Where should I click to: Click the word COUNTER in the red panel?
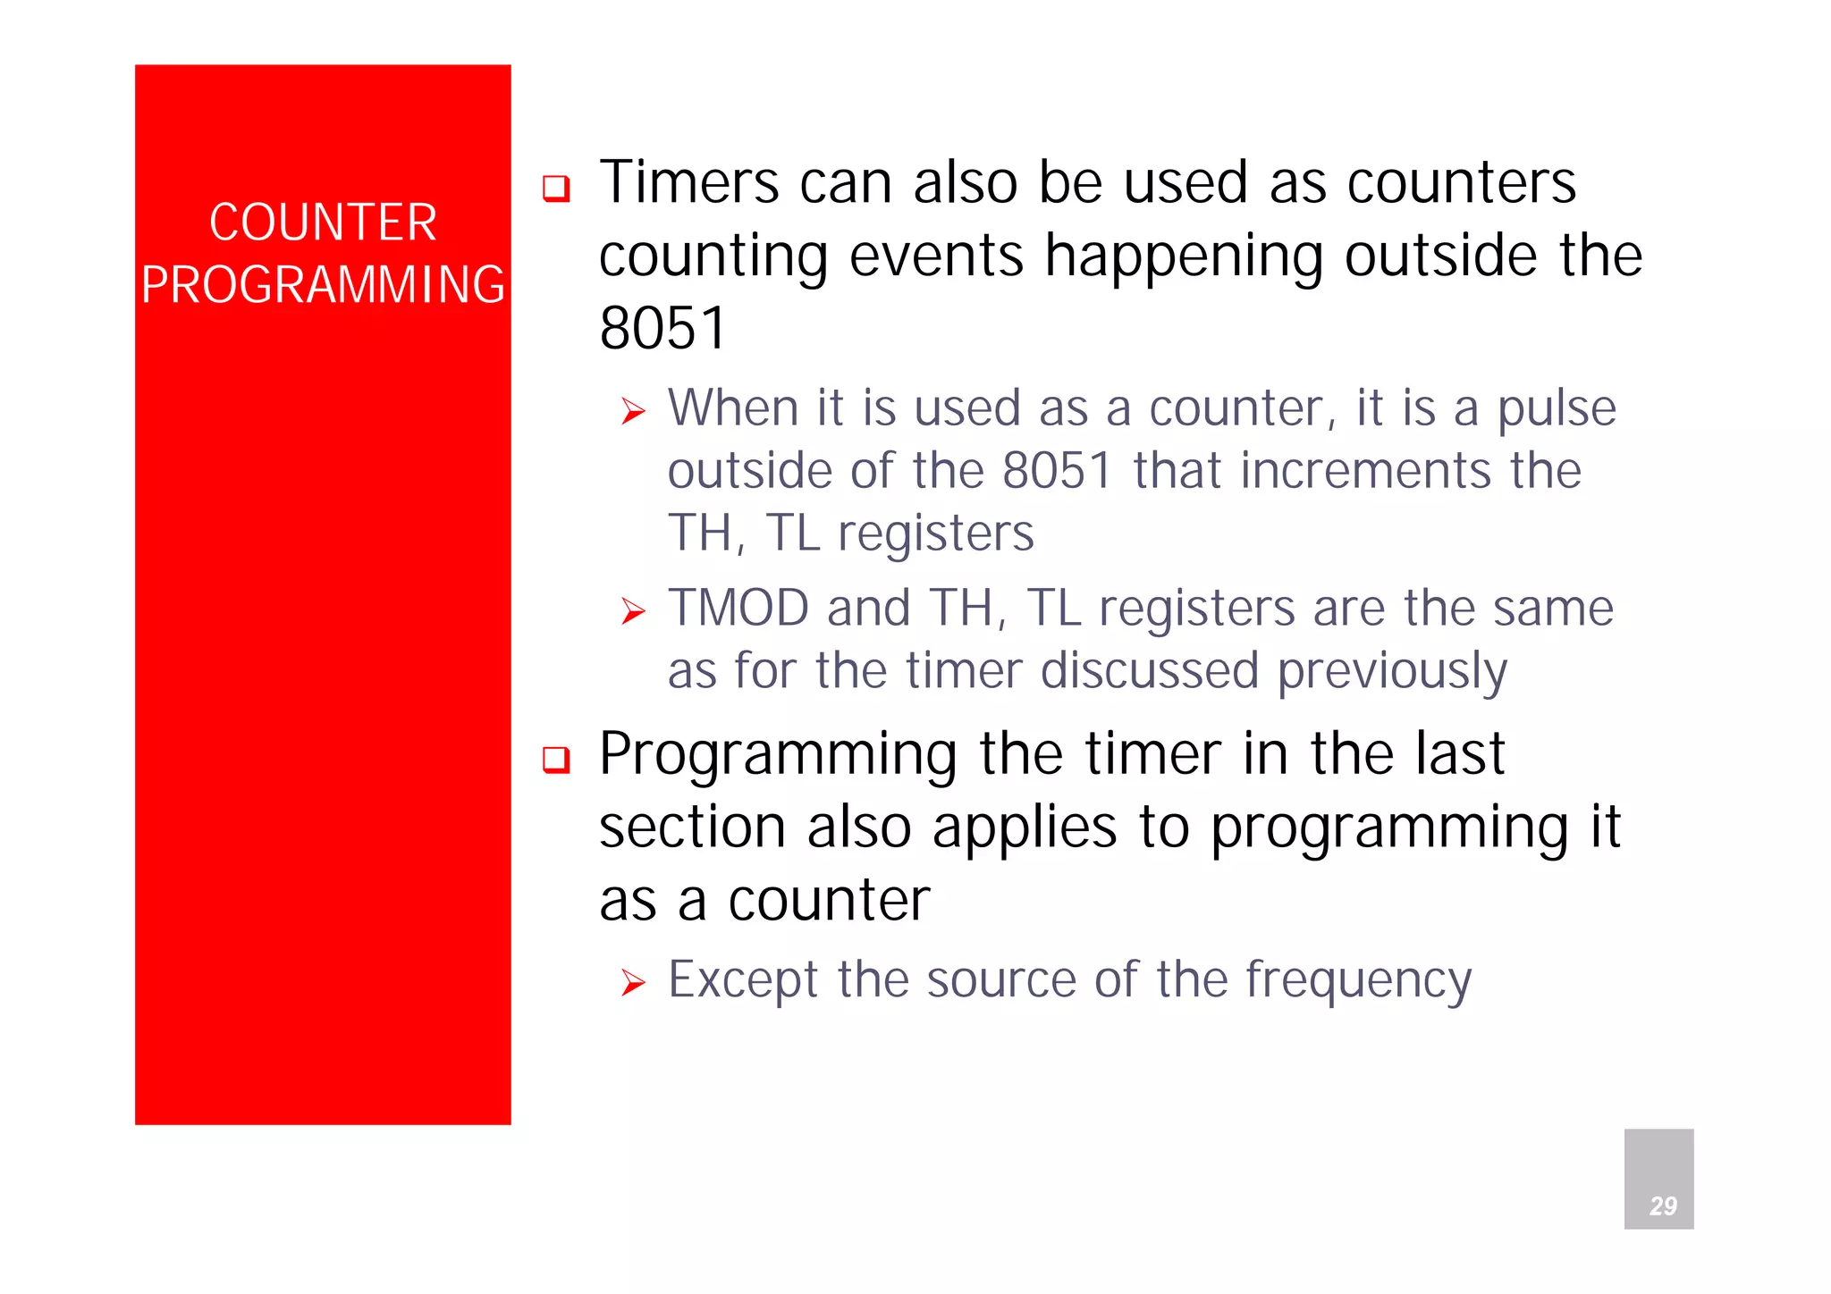click(323, 223)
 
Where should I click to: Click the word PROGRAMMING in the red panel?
click(323, 285)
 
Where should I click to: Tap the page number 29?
click(1662, 1206)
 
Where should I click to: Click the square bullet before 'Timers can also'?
click(556, 189)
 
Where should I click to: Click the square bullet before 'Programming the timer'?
click(556, 760)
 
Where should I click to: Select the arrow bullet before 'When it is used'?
click(633, 411)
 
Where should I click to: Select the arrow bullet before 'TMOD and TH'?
click(633, 611)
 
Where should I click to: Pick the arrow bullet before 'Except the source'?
click(633, 983)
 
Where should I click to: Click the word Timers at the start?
click(688, 183)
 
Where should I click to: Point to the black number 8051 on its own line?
click(662, 328)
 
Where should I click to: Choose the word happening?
click(1184, 258)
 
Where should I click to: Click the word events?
click(935, 256)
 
